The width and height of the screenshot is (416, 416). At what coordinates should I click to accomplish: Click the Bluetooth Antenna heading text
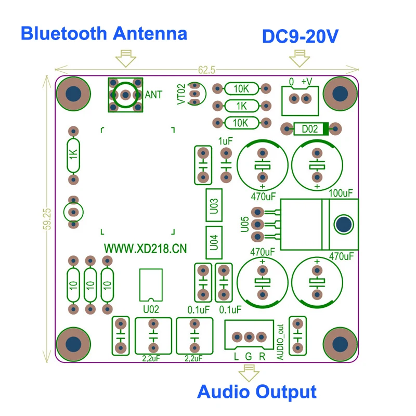pos(103,34)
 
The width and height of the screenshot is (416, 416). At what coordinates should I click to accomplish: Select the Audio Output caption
pos(257,391)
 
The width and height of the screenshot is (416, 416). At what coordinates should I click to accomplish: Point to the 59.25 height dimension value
pos(48,219)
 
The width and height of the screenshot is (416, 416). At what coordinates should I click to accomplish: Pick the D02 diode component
pos(309,128)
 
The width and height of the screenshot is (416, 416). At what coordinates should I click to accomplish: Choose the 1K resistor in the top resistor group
pos(241,106)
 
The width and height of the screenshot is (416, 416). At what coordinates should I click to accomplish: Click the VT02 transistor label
pos(181,95)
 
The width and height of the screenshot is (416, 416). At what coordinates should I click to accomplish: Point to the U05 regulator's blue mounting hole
pos(343,225)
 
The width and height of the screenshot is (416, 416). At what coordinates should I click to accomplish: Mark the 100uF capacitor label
pos(341,193)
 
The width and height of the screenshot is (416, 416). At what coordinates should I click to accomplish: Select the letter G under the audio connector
pos(249,357)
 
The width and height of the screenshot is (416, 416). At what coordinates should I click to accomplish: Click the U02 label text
pos(150,309)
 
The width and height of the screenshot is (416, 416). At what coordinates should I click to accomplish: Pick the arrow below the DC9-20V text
pos(299,58)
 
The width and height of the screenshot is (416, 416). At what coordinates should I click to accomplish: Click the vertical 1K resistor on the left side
pos(73,154)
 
